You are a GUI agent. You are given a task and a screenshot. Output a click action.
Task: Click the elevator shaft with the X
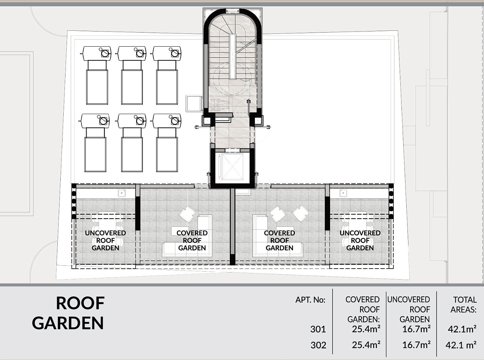point(232,167)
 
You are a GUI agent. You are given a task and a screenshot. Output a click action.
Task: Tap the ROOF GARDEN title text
point(68,313)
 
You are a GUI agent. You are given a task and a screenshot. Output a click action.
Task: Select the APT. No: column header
point(310,300)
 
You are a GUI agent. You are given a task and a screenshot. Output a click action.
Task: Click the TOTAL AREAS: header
point(464,305)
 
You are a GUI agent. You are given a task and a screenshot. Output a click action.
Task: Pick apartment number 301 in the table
point(318,329)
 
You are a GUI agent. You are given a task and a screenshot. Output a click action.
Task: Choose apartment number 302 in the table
point(318,345)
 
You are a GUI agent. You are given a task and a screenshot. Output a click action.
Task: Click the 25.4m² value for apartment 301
point(366,329)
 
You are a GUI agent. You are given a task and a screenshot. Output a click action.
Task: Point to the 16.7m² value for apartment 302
point(416,345)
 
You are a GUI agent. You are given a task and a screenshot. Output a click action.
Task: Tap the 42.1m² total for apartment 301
point(462,329)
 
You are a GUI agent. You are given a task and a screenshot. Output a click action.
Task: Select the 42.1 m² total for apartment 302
point(461,345)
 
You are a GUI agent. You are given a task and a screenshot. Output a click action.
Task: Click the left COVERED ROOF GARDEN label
point(192,240)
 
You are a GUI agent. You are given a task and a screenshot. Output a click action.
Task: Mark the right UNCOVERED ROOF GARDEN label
point(360,240)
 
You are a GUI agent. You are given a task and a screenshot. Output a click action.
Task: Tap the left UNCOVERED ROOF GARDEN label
point(105,240)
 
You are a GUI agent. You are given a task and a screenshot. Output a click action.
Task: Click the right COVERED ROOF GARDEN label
point(279,240)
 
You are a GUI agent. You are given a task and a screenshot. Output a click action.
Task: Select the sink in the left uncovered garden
point(122,193)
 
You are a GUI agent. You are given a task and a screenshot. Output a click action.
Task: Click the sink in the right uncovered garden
point(343,193)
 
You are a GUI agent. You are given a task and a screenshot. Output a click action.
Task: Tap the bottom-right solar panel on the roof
point(167,155)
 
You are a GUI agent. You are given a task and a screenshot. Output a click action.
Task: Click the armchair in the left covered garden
point(187,215)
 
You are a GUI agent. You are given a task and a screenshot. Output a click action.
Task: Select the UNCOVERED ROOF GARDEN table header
point(409,309)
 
